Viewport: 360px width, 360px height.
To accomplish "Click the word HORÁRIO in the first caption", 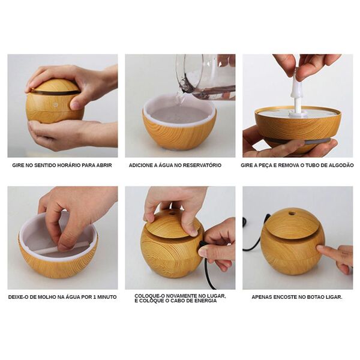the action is coord(70,166).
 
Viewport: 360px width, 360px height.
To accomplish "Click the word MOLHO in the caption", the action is coord(46,297).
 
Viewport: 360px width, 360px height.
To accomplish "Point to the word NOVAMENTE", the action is coord(181,296).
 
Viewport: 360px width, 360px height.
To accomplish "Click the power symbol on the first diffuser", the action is coord(55,104).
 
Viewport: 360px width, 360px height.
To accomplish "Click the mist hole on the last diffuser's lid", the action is coord(292,214).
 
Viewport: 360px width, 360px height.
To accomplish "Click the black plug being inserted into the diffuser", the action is coord(203,244).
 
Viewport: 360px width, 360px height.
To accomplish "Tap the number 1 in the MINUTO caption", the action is coord(95,297).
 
